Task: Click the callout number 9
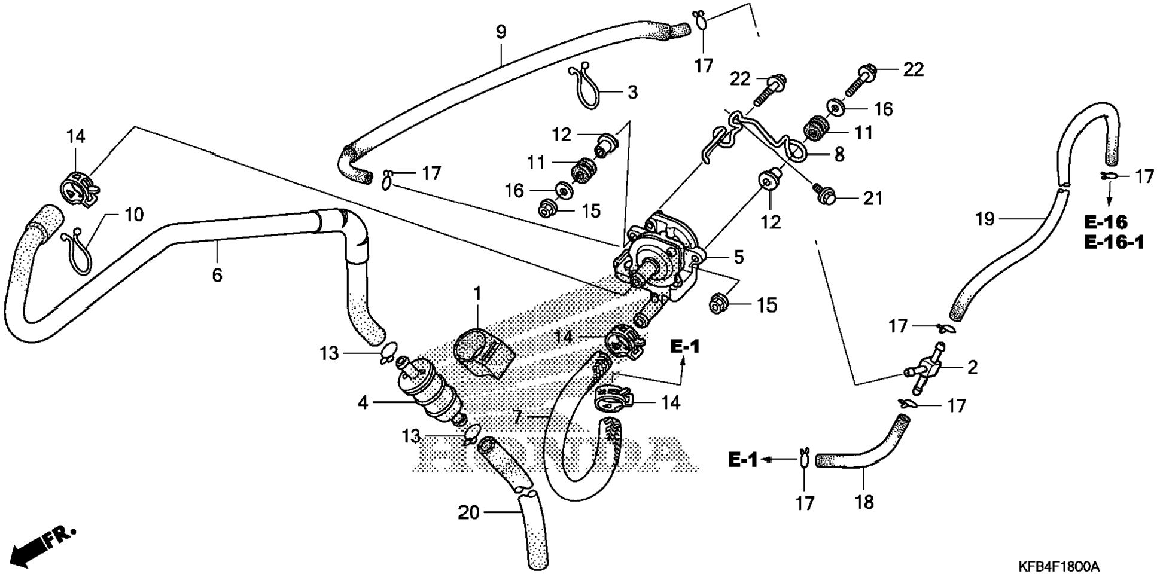(501, 32)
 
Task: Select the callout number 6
(217, 275)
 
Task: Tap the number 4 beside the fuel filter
(363, 403)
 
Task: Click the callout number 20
(469, 512)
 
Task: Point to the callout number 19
(985, 219)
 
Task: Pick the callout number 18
(864, 502)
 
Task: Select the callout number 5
(739, 257)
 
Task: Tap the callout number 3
(632, 92)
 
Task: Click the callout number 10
(134, 214)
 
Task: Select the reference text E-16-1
(1114, 242)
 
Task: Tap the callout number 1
(477, 294)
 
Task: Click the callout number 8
(839, 155)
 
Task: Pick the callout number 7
(518, 416)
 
